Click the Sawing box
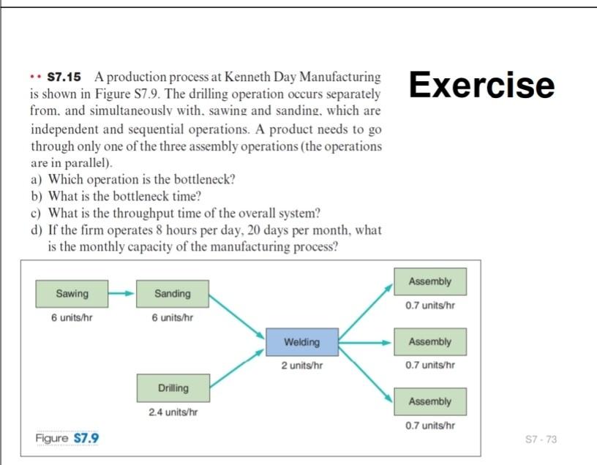click(x=72, y=294)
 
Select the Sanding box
click(x=172, y=294)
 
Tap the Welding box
click(x=301, y=341)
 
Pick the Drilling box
click(x=173, y=387)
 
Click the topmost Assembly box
click(x=429, y=282)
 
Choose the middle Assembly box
click(x=429, y=341)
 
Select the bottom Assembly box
click(x=429, y=401)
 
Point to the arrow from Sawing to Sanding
click(x=121, y=294)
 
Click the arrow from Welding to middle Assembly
click(x=366, y=341)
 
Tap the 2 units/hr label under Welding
click(x=301, y=365)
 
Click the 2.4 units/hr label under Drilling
click(x=173, y=413)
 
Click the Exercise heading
click(x=481, y=84)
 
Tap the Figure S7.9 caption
click(x=67, y=438)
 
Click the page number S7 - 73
click(x=541, y=439)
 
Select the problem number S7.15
click(x=64, y=77)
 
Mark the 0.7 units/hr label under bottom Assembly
click(x=430, y=426)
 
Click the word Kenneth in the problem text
click(x=247, y=77)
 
